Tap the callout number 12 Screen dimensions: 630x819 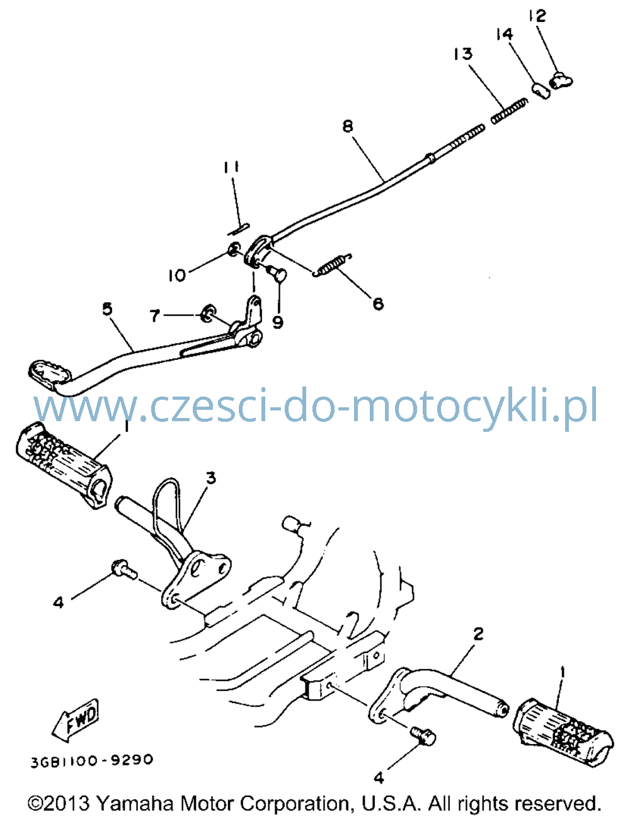pos(537,16)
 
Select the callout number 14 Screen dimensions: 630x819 pos(504,34)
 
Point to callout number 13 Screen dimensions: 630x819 pos(463,54)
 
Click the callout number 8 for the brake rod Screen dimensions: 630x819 pos(348,125)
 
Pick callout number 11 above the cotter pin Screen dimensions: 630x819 pos(231,167)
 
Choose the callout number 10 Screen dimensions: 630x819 pos(177,275)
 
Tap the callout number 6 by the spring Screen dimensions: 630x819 pos(378,304)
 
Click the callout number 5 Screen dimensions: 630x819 pos(107,309)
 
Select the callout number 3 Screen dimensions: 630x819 pos(211,478)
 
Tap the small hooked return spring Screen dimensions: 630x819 pos(332,265)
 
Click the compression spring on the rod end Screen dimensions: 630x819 pos(509,110)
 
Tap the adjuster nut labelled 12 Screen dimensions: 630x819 pos(561,80)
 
